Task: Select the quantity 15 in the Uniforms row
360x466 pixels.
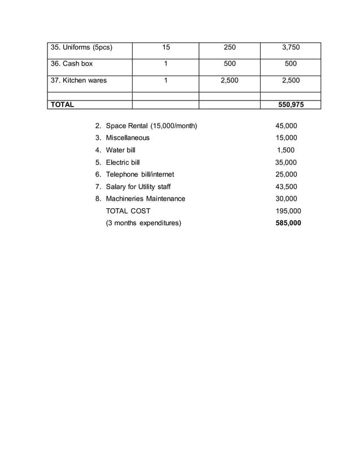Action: [x=166, y=48]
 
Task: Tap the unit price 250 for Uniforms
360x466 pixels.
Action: [x=230, y=48]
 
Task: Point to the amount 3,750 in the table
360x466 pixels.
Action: [x=291, y=48]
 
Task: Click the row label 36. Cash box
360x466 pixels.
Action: [x=72, y=64]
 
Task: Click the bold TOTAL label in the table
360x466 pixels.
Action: [x=63, y=104]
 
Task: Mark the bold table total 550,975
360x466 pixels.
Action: [x=291, y=104]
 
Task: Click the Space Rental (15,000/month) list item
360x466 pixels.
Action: [x=151, y=126]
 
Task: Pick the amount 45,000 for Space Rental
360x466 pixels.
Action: [x=286, y=126]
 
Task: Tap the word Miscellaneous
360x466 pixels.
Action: [x=128, y=138]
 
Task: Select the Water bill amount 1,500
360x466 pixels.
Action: [x=286, y=150]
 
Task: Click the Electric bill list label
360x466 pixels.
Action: [x=122, y=162]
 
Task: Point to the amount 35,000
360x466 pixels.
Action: [x=286, y=162]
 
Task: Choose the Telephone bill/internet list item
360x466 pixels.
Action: [x=140, y=174]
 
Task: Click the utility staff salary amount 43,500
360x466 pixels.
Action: [x=286, y=187]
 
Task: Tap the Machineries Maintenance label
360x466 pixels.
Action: [x=145, y=199]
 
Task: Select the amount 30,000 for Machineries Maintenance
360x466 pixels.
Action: [x=286, y=199]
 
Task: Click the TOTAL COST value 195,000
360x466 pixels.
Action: [x=288, y=211]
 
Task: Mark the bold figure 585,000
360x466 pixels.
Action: [x=288, y=223]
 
